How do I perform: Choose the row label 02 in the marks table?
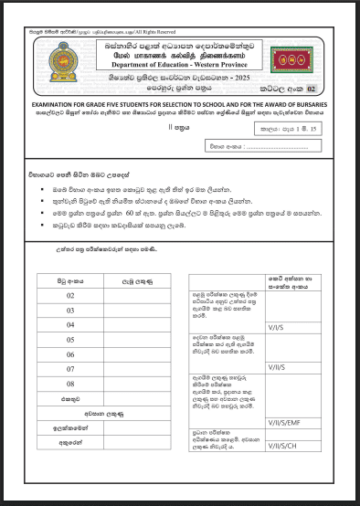pos(71,296)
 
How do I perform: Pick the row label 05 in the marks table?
pos(71,340)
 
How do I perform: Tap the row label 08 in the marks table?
pos(71,384)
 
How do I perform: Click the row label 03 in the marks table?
pos(71,311)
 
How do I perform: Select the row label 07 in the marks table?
pos(71,369)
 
